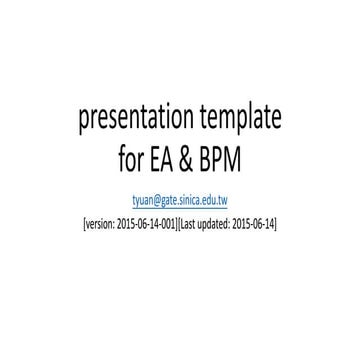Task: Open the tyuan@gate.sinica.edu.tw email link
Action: click(x=180, y=200)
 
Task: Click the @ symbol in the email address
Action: click(x=156, y=200)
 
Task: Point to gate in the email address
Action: click(x=169, y=200)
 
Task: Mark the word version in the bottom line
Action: click(x=99, y=222)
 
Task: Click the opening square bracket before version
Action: click(x=84, y=222)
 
